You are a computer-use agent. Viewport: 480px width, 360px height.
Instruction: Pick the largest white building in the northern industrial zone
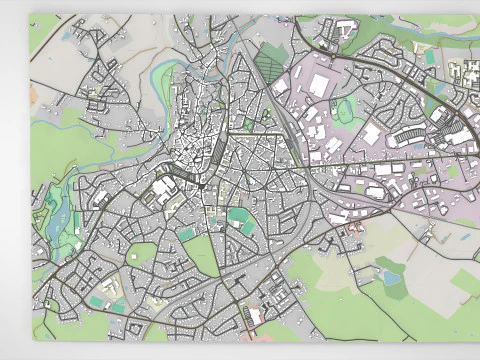coord(320,85)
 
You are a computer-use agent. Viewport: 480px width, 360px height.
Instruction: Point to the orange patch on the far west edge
coord(34,95)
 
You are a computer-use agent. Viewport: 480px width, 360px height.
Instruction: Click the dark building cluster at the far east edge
coord(468,72)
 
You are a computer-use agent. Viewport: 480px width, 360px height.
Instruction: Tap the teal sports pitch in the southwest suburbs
coord(96,301)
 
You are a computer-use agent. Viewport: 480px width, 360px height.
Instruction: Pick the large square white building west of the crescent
coord(372,134)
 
